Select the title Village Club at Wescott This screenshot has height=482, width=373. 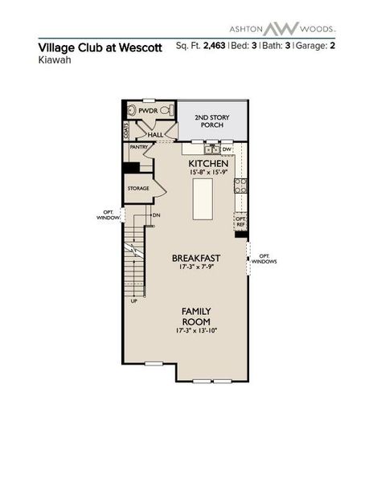pyautogui.click(x=100, y=47)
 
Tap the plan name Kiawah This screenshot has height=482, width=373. pyautogui.click(x=54, y=59)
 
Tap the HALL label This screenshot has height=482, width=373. pyautogui.click(x=156, y=134)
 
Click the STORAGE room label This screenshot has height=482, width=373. pyautogui.click(x=138, y=188)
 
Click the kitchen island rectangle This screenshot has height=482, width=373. pyautogui.click(x=204, y=199)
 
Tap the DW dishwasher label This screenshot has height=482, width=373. pyautogui.click(x=227, y=149)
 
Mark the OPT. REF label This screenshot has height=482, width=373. pyautogui.click(x=240, y=221)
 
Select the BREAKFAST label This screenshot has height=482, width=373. pyautogui.click(x=196, y=258)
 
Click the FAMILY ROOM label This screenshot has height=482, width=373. pyautogui.click(x=195, y=316)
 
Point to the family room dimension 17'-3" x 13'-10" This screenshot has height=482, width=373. pyautogui.click(x=195, y=331)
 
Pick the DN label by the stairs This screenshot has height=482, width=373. pyautogui.click(x=156, y=215)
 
